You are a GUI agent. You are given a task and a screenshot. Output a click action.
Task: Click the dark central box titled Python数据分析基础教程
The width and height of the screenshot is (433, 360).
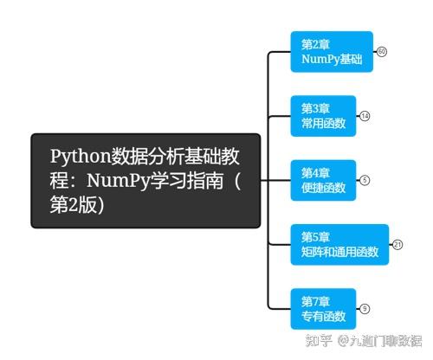point(145,180)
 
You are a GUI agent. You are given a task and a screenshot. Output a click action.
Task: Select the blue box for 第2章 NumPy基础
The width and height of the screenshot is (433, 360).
point(332,52)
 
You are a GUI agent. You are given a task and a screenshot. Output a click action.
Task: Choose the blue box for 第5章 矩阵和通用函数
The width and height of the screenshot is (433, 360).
point(339,244)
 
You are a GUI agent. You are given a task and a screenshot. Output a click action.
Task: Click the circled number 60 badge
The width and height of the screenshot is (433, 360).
point(382,52)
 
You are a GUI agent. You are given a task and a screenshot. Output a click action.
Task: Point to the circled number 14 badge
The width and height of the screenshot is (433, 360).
point(365,116)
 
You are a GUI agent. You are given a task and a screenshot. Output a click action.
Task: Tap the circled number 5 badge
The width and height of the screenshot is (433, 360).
point(365,180)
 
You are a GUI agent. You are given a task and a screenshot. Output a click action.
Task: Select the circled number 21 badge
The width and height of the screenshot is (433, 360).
point(397,244)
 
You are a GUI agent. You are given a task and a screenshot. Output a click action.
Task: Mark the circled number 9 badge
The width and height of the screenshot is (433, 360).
point(365,308)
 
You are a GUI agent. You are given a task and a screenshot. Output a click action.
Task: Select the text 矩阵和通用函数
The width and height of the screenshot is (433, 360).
point(340,252)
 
